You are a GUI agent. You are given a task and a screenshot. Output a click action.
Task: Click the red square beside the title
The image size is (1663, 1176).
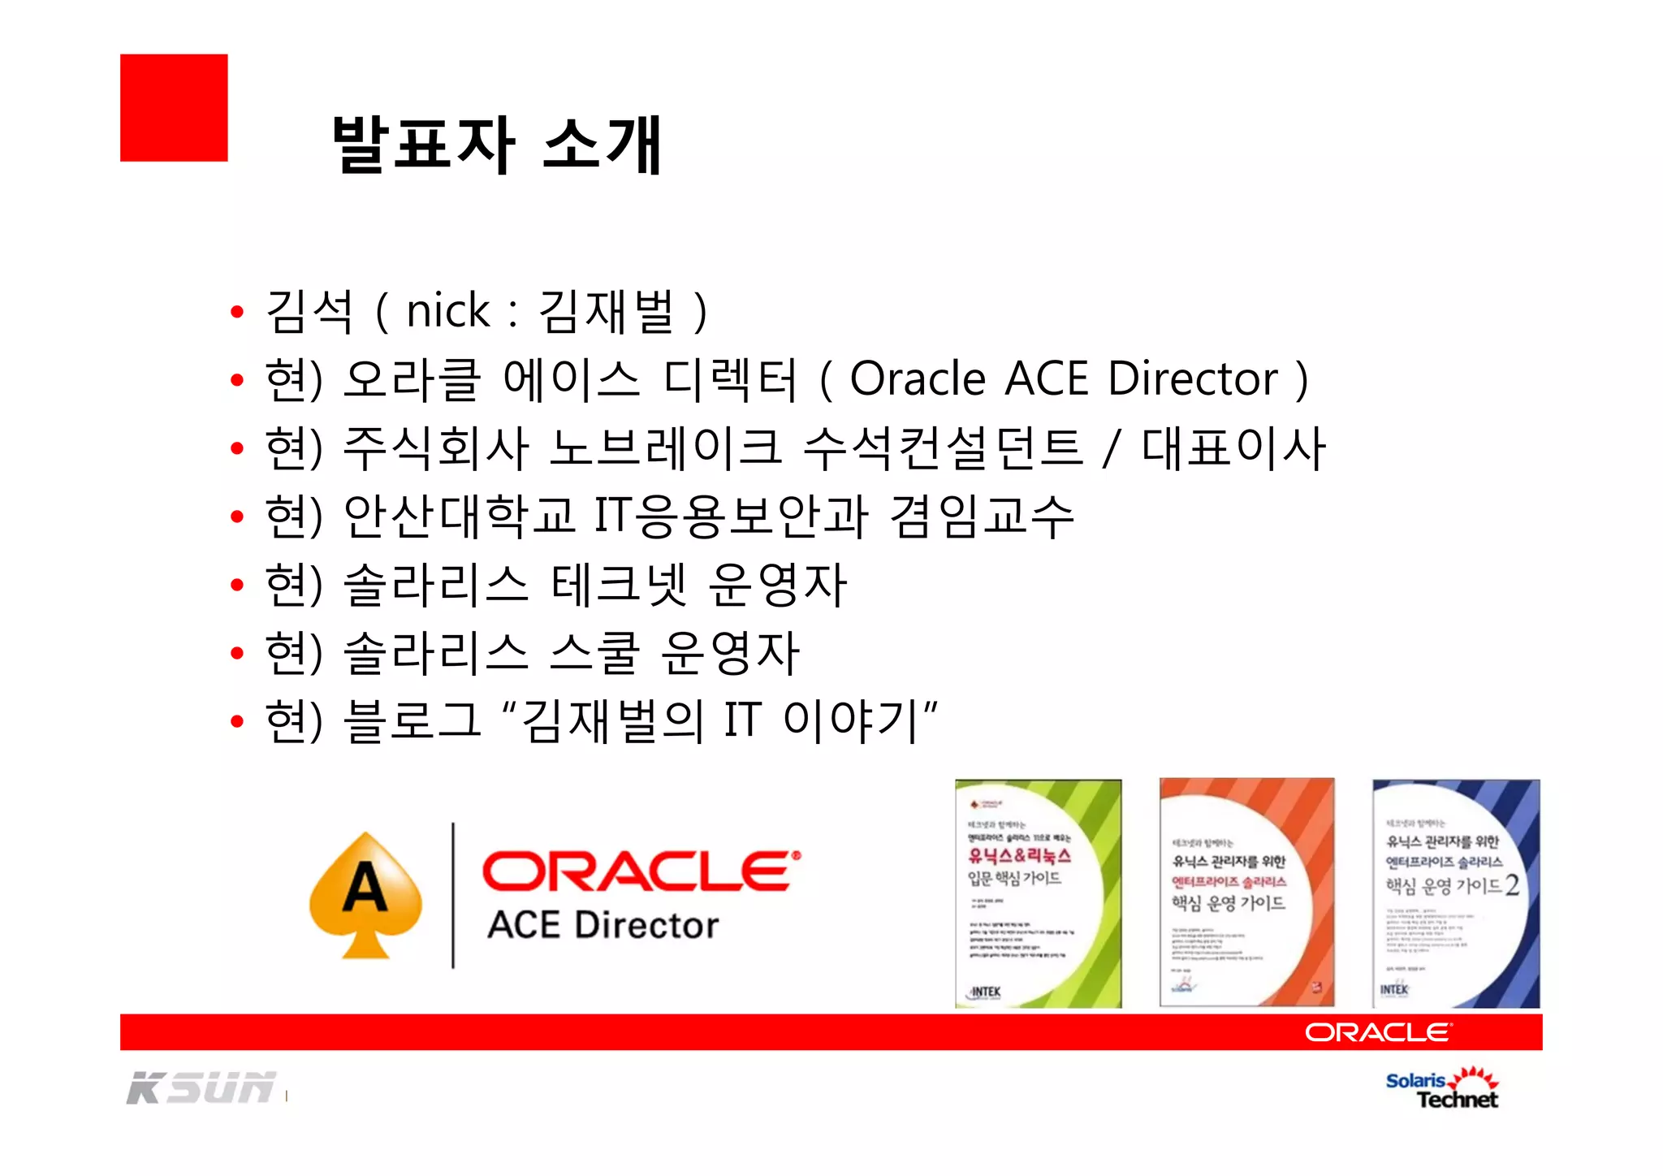[x=174, y=108]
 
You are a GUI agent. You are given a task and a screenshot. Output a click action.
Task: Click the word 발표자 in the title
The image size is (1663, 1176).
[x=423, y=145]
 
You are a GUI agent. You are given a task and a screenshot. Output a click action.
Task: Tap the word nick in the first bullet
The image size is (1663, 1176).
[x=448, y=311]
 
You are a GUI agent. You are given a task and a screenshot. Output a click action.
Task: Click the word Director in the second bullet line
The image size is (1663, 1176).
[x=1192, y=379]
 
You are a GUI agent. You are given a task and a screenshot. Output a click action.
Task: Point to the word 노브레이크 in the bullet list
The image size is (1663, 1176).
[x=665, y=448]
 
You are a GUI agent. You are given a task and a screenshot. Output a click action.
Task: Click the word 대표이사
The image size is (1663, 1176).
[x=1233, y=448]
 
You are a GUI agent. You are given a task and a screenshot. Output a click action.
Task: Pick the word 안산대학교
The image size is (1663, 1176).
[x=460, y=517]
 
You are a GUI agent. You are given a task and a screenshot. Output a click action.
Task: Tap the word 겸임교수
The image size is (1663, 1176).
[x=982, y=517]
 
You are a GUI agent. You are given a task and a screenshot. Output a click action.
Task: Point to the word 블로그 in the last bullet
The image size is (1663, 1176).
[x=413, y=721]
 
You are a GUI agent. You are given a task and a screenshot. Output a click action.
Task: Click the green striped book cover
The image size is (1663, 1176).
[x=1038, y=893]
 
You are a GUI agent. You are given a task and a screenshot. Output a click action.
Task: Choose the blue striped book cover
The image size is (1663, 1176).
[x=1456, y=893]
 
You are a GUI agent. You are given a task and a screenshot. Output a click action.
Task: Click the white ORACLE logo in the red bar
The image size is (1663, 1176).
[x=1378, y=1032]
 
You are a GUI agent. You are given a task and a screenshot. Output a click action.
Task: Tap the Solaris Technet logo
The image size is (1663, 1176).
[x=1442, y=1089]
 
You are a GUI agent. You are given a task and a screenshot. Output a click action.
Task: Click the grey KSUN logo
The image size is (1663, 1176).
[x=201, y=1088]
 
